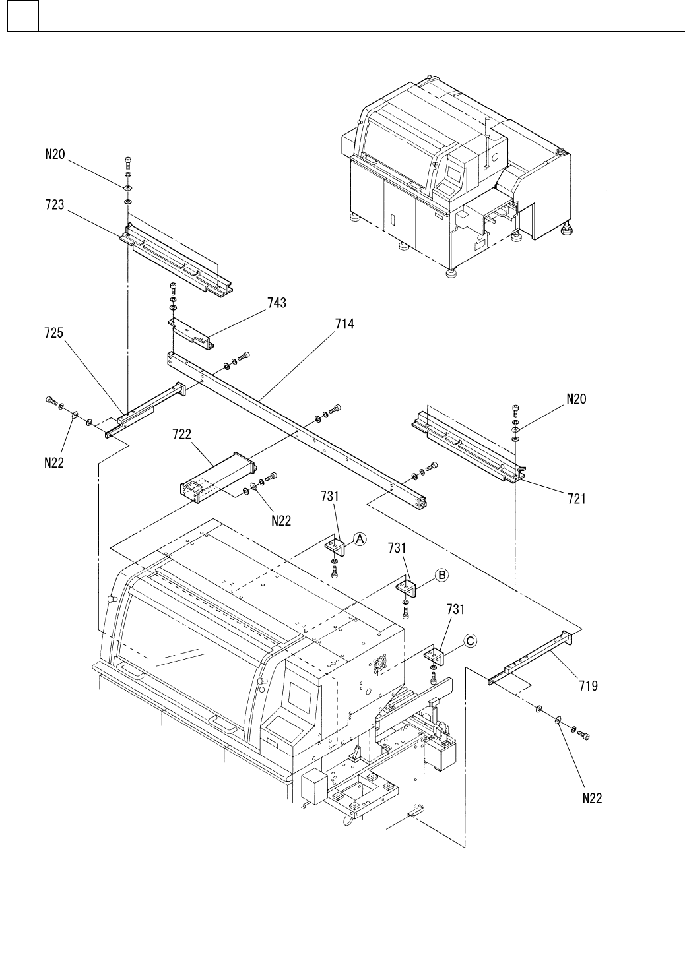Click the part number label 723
point(55,205)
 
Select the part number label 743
point(277,303)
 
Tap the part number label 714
point(344,324)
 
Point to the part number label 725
point(54,333)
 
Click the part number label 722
point(181,435)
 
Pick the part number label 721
point(576,499)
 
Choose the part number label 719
point(589,686)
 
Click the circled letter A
point(360,539)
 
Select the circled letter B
point(441,575)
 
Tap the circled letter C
point(471,641)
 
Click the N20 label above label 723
point(55,154)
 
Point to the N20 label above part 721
point(576,399)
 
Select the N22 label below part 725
point(54,463)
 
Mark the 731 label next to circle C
point(455,609)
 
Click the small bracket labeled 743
point(191,332)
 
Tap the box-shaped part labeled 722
point(218,478)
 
